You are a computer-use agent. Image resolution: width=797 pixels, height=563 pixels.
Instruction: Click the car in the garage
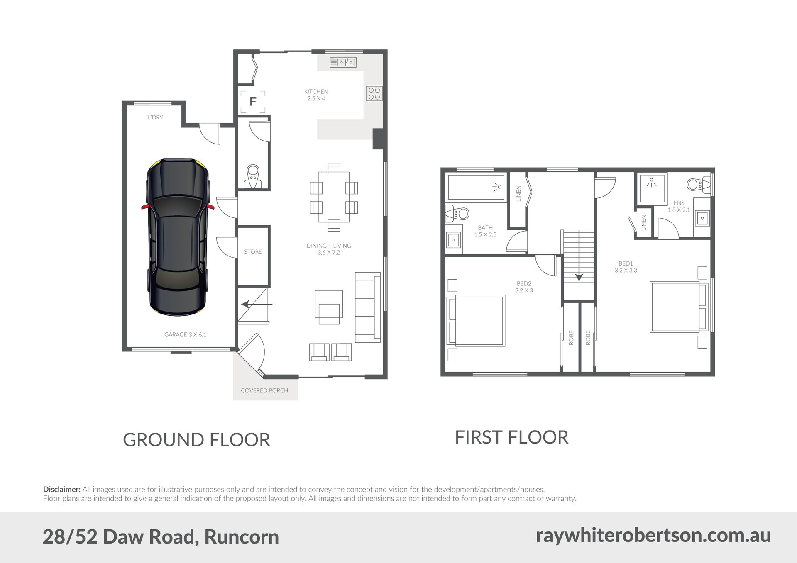coord(178,236)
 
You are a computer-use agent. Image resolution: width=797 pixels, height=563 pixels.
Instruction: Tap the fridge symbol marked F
coord(253,102)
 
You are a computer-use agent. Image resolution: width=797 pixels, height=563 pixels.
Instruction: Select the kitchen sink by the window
coord(343,62)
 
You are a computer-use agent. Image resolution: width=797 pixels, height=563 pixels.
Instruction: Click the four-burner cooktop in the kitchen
coord(374,93)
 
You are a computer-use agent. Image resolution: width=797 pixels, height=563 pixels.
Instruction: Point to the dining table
coord(334,197)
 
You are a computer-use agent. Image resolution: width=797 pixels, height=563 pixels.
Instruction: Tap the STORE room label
coord(253,252)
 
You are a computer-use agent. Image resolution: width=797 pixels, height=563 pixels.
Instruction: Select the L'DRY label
coord(155,117)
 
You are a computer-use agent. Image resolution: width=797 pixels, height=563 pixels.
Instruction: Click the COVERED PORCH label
coord(264,390)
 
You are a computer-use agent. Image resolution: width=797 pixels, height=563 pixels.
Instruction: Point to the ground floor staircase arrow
coord(257,304)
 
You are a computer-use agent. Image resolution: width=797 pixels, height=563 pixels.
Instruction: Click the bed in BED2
coord(476,321)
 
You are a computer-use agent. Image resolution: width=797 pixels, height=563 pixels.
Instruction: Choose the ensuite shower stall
coord(652,188)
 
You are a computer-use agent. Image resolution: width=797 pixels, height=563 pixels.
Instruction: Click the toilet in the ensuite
coord(699,184)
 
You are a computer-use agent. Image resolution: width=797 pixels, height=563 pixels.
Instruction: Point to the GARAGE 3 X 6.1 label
coord(185,334)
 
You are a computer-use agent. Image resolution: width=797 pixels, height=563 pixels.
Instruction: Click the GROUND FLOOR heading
coord(197,440)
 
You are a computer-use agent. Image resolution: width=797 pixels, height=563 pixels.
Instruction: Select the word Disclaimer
coord(62,490)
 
